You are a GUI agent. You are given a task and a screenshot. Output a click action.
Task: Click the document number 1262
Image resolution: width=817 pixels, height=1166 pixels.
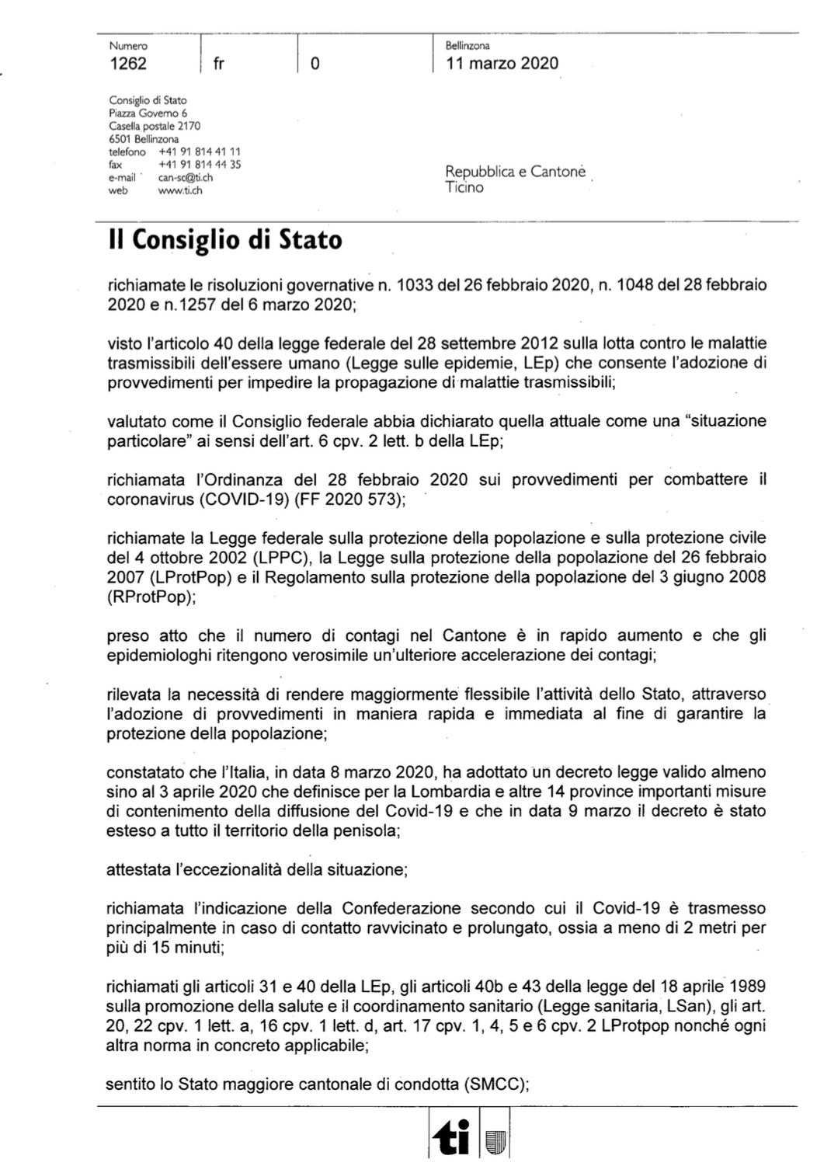tap(128, 64)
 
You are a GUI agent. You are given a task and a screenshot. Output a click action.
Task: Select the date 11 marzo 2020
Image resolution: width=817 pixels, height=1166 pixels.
tap(502, 64)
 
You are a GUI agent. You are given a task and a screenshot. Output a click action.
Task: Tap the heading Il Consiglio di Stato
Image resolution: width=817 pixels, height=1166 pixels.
tap(225, 240)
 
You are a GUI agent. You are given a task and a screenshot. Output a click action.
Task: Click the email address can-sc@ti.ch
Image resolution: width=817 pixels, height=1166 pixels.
tap(185, 177)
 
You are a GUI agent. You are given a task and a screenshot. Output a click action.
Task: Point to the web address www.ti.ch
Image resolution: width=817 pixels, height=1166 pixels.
tap(180, 190)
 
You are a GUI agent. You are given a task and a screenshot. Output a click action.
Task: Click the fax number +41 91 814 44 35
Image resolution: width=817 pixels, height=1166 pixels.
tap(200, 165)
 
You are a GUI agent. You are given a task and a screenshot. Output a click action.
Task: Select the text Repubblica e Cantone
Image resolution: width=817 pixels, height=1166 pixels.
tap(515, 172)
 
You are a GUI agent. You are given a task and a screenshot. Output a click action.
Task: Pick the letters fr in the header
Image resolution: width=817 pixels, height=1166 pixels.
tap(218, 64)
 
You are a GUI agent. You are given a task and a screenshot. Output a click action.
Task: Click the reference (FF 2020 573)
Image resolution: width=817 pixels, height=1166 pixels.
tap(353, 499)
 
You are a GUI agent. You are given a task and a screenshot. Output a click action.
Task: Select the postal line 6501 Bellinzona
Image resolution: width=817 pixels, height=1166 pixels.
tap(144, 139)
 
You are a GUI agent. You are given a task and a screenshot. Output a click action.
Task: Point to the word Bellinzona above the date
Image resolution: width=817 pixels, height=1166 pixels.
tap(468, 46)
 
